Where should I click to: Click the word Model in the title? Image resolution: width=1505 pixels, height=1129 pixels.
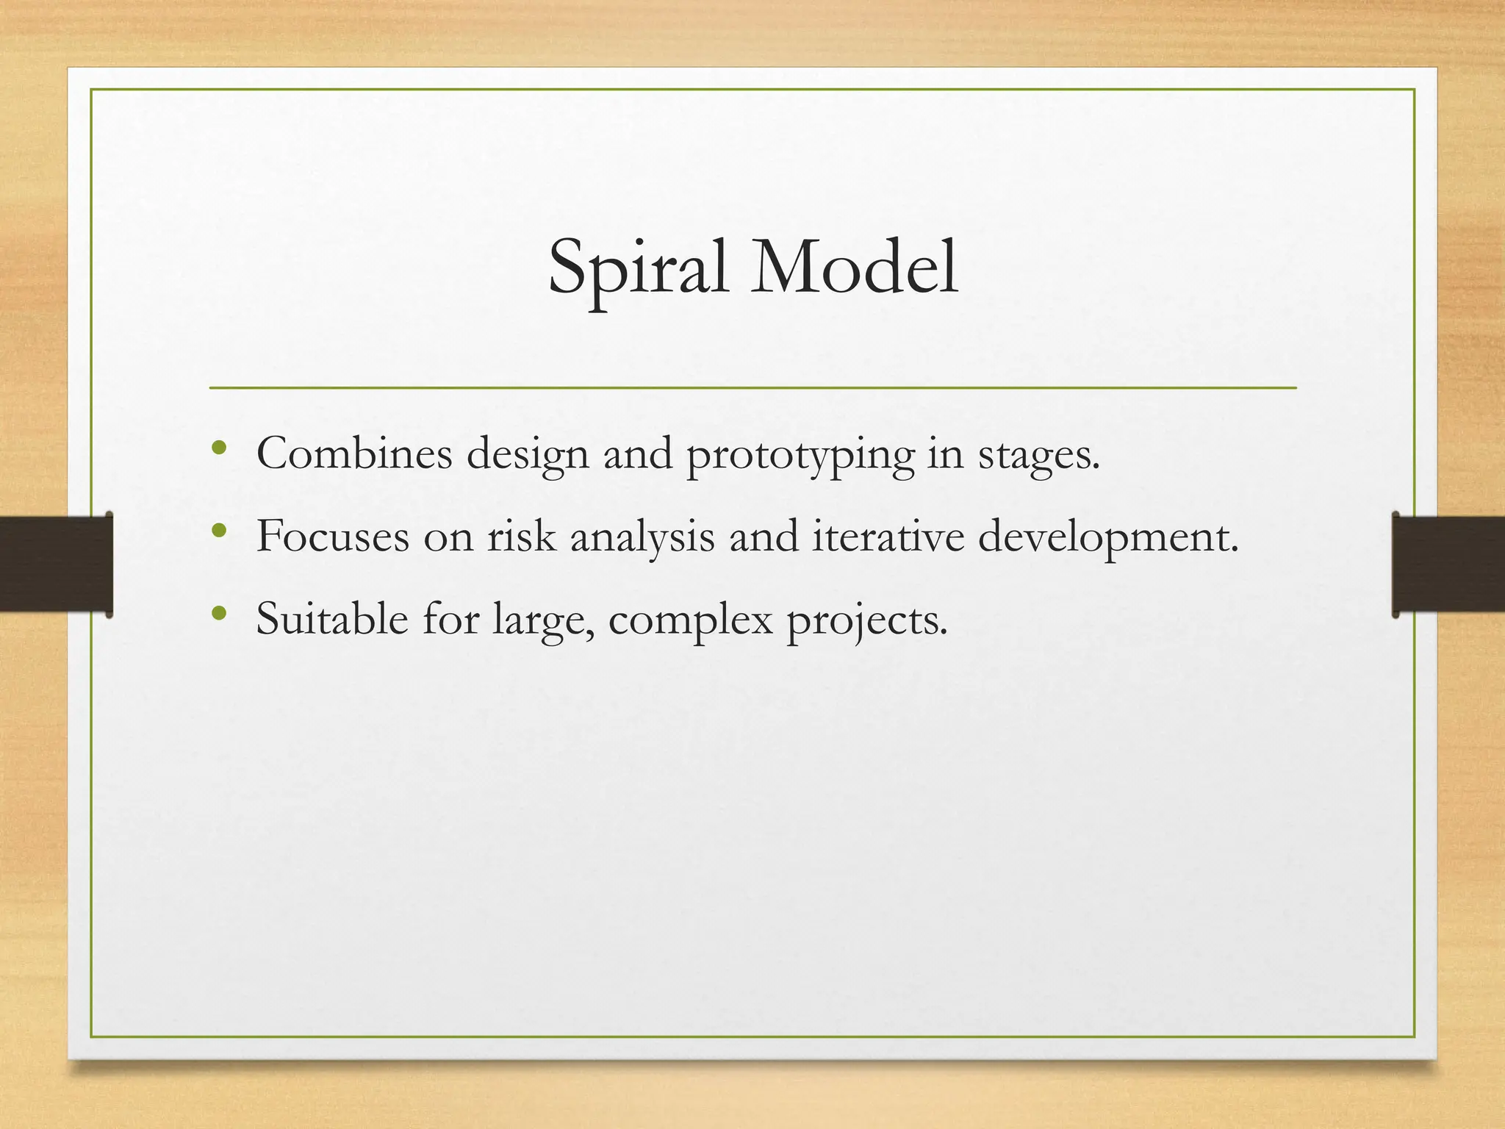(854, 268)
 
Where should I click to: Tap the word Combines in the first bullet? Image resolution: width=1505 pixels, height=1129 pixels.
(354, 454)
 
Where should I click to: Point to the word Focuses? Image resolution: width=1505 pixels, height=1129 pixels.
(332, 536)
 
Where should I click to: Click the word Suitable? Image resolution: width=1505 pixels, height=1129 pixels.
(332, 619)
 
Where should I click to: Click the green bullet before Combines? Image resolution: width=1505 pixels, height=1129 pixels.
(218, 448)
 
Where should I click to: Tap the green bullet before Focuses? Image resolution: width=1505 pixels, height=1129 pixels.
(218, 530)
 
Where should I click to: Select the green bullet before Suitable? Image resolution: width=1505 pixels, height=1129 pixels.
(218, 613)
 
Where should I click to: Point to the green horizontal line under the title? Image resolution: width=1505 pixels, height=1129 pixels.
(752, 387)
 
